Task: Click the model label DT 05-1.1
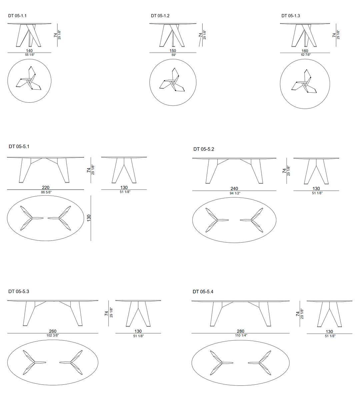[17, 16]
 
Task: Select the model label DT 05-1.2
[160, 16]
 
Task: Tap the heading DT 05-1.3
[291, 16]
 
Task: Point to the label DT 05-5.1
[19, 147]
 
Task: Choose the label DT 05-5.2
[204, 149]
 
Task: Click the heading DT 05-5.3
[19, 292]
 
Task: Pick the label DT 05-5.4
[203, 292]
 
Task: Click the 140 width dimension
[29, 51]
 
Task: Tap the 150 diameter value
[173, 51]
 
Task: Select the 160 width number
[305, 51]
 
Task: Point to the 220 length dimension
[46, 187]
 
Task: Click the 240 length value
[234, 188]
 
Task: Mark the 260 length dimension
[53, 331]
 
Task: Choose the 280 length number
[241, 331]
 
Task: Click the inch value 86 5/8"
[46, 192]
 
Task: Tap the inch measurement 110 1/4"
[241, 336]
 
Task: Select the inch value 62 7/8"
[306, 55]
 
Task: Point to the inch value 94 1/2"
[235, 193]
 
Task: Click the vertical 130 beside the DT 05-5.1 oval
[89, 218]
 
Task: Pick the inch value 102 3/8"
[53, 335]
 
